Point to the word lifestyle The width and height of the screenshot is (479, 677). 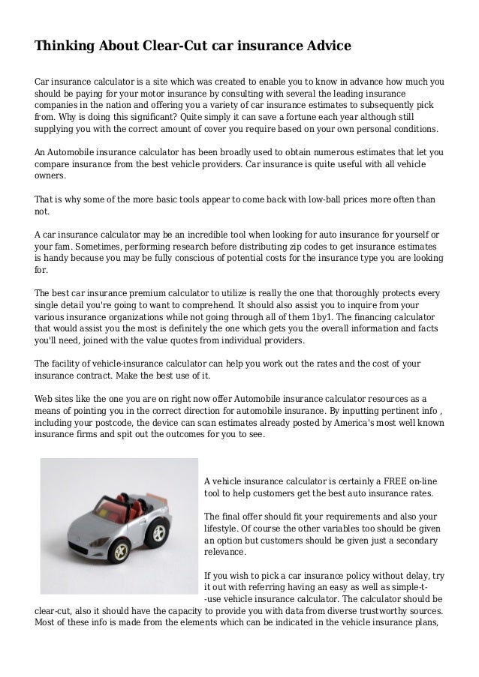224,529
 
